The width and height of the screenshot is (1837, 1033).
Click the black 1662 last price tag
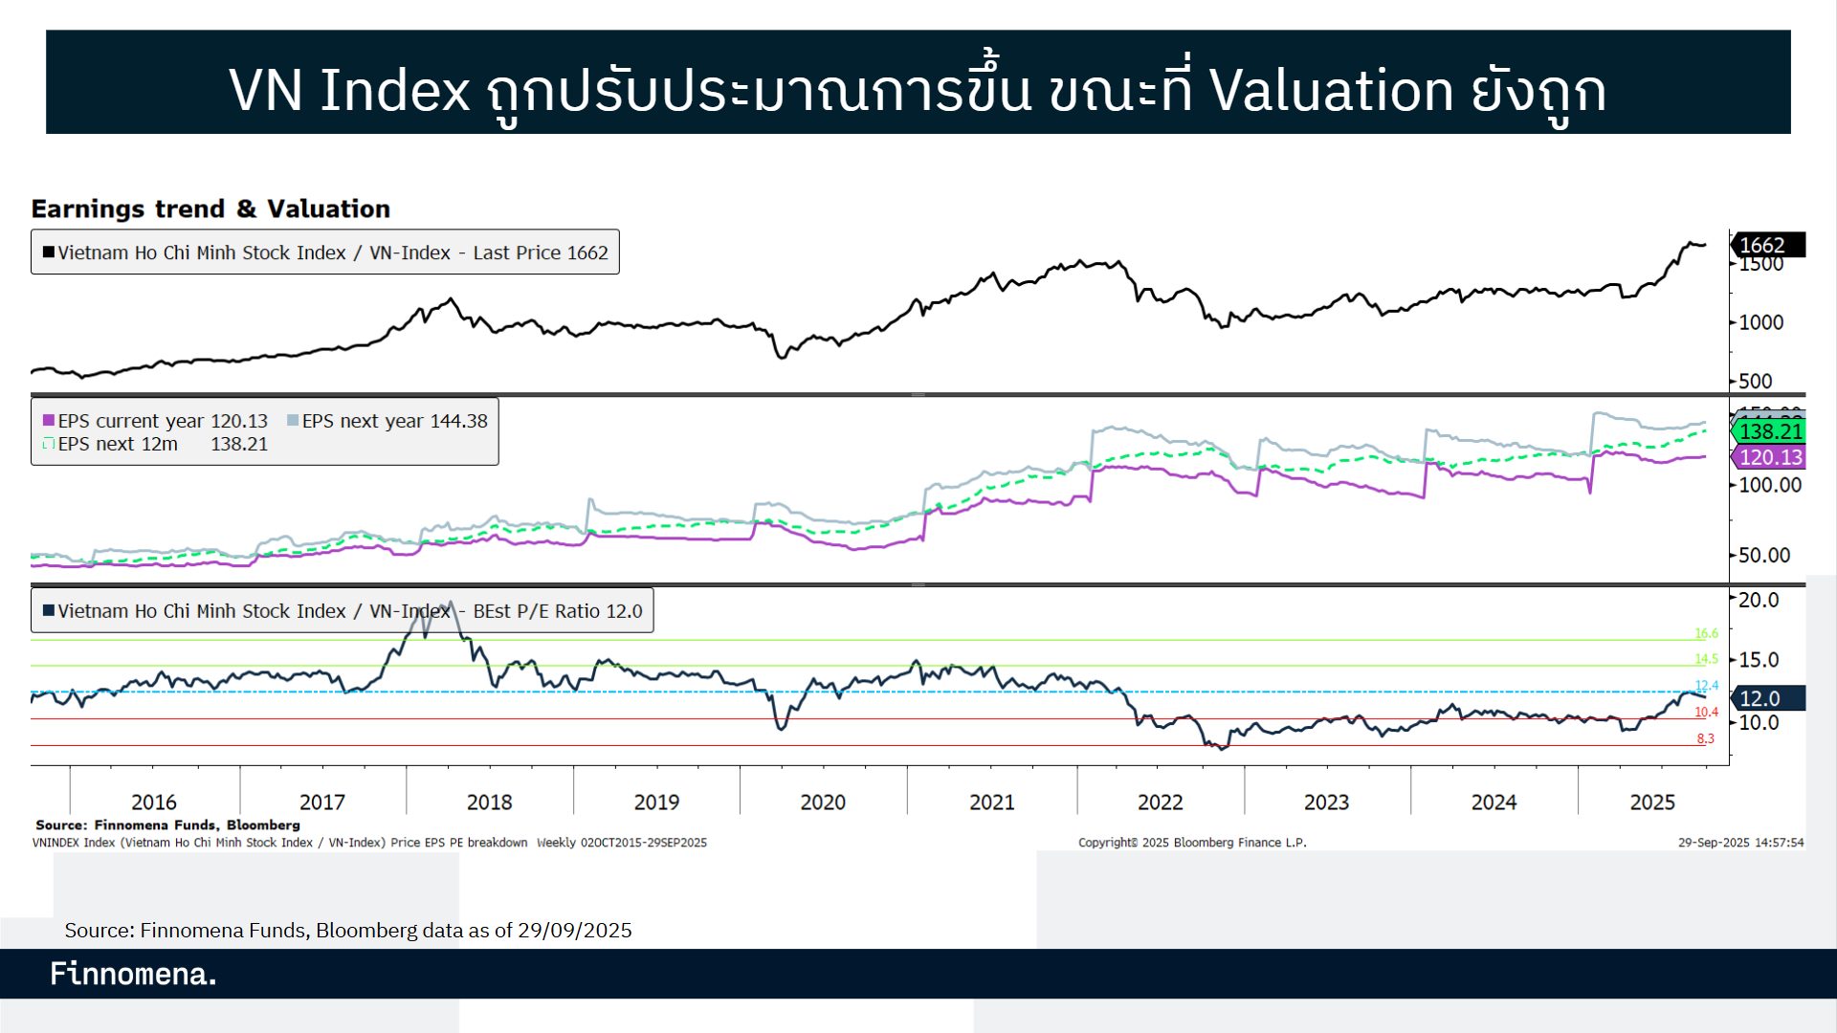click(1767, 245)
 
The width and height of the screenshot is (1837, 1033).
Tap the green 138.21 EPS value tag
click(1769, 431)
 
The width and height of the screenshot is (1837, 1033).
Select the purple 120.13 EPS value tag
click(1769, 457)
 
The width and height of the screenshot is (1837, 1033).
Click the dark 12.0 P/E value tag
click(1766, 698)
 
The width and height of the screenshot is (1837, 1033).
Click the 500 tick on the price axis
click(1755, 381)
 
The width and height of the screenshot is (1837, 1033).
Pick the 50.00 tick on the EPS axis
click(1763, 555)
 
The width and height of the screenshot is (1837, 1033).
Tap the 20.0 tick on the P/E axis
click(1758, 600)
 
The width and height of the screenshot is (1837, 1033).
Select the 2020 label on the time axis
click(823, 802)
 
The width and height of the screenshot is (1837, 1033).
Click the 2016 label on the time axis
click(154, 802)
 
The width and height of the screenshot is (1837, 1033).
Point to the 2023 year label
click(1326, 802)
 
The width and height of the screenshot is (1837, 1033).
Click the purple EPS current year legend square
click(49, 421)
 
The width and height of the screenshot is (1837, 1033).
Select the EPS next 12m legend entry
click(118, 444)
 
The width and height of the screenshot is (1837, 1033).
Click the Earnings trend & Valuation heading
click(210, 209)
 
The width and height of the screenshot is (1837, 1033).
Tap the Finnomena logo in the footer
click(133, 974)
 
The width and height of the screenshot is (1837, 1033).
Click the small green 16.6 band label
click(1706, 633)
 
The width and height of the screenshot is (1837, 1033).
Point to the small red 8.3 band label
click(1705, 738)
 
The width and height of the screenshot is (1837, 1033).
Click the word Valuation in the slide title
click(1331, 90)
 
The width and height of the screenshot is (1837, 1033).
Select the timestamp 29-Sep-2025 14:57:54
click(1740, 843)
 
